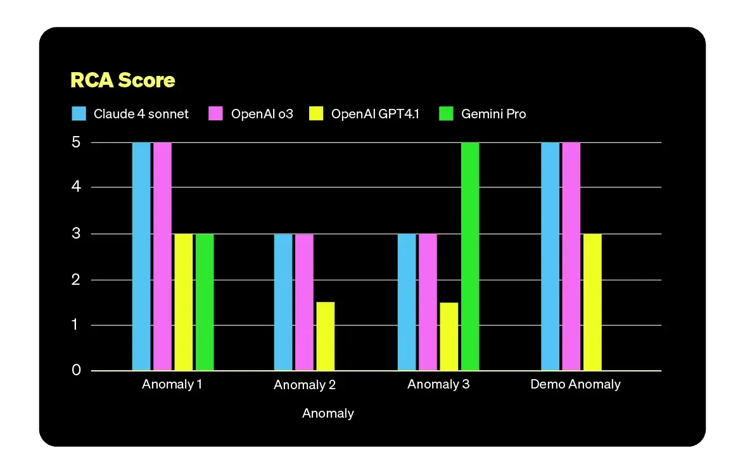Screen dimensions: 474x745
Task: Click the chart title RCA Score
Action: pos(122,80)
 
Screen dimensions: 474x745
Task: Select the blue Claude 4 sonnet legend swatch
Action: pos(79,114)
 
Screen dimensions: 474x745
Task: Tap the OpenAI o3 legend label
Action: pos(262,114)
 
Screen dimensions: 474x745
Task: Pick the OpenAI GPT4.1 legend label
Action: pos(375,114)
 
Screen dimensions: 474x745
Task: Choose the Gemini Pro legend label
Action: pos(493,114)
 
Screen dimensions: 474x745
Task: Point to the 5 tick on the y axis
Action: pos(76,142)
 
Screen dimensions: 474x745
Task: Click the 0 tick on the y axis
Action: pos(76,370)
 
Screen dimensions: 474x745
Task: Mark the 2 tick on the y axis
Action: pos(76,280)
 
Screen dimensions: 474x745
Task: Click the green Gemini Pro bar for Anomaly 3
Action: pos(470,256)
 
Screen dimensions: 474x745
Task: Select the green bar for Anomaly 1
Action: pos(205,302)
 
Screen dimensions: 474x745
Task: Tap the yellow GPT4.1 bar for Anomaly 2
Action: pos(325,336)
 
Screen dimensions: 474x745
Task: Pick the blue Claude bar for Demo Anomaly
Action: pos(551,256)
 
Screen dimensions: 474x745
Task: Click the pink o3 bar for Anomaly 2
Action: pos(304,302)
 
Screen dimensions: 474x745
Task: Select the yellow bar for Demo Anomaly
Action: pos(592,302)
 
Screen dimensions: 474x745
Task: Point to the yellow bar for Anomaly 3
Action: pos(449,336)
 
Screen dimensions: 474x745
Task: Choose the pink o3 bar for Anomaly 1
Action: pos(162,256)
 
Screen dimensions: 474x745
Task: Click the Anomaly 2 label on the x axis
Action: pos(305,385)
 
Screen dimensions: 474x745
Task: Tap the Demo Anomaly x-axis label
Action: pos(575,384)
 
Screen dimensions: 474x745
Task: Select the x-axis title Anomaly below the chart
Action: pos(328,413)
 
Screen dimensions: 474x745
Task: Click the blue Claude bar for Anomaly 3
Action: pos(407,302)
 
